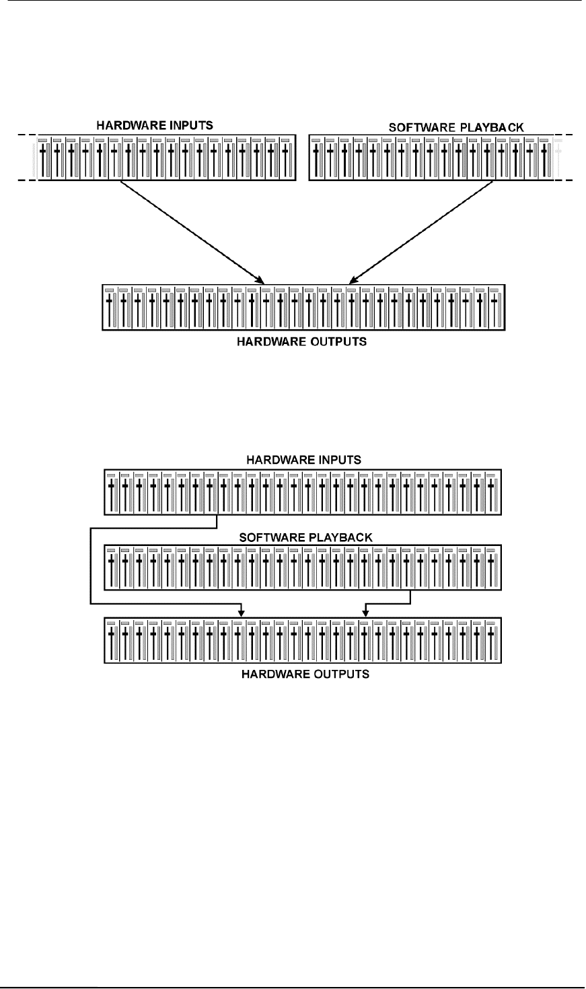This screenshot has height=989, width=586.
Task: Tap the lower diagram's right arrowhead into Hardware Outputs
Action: point(365,611)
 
